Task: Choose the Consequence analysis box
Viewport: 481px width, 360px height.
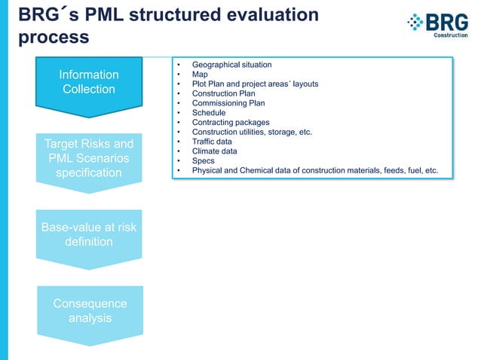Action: pyautogui.click(x=90, y=310)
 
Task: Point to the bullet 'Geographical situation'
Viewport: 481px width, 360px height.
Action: pyautogui.click(x=231, y=66)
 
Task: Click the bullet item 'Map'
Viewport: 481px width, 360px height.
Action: pyautogui.click(x=200, y=75)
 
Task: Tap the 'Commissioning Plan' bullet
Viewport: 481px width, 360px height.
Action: pyautogui.click(x=228, y=104)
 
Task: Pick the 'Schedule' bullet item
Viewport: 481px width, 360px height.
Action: pyautogui.click(x=209, y=113)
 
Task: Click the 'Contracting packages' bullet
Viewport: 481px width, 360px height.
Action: pyautogui.click(x=231, y=123)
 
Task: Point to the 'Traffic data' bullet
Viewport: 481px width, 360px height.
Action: pyautogui.click(x=212, y=142)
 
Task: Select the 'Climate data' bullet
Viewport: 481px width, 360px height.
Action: pyautogui.click(x=213, y=151)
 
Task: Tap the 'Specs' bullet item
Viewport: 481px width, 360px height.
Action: pyautogui.click(x=204, y=160)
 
